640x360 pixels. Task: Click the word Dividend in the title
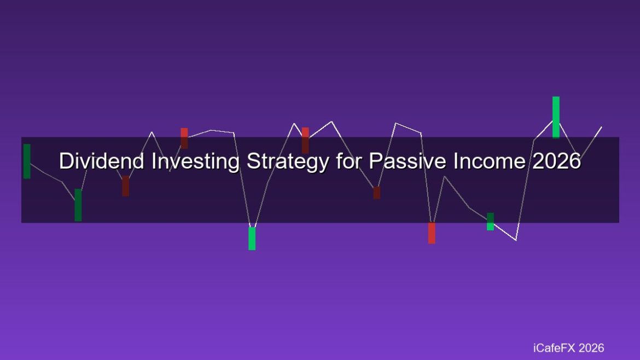pyautogui.click(x=102, y=160)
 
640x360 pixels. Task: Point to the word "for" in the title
pyautogui.click(x=349, y=160)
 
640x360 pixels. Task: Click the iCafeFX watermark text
pyautogui.click(x=554, y=348)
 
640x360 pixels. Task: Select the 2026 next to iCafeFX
pyautogui.click(x=591, y=348)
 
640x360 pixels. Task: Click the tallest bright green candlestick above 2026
pyautogui.click(x=556, y=117)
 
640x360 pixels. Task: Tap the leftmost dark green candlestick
pyautogui.click(x=27, y=161)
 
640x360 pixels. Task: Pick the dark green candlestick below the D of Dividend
pyautogui.click(x=78, y=205)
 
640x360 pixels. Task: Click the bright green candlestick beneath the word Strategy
pyautogui.click(x=252, y=239)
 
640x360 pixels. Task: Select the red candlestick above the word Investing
pyautogui.click(x=184, y=138)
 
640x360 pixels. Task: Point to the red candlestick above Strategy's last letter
pyautogui.click(x=305, y=141)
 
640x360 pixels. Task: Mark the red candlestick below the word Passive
pyautogui.click(x=432, y=233)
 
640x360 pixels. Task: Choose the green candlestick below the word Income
pyautogui.click(x=490, y=222)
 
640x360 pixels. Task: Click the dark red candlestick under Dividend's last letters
pyautogui.click(x=125, y=186)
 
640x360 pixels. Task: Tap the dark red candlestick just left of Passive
pyautogui.click(x=377, y=193)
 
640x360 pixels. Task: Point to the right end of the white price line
pyautogui.click(x=602, y=127)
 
